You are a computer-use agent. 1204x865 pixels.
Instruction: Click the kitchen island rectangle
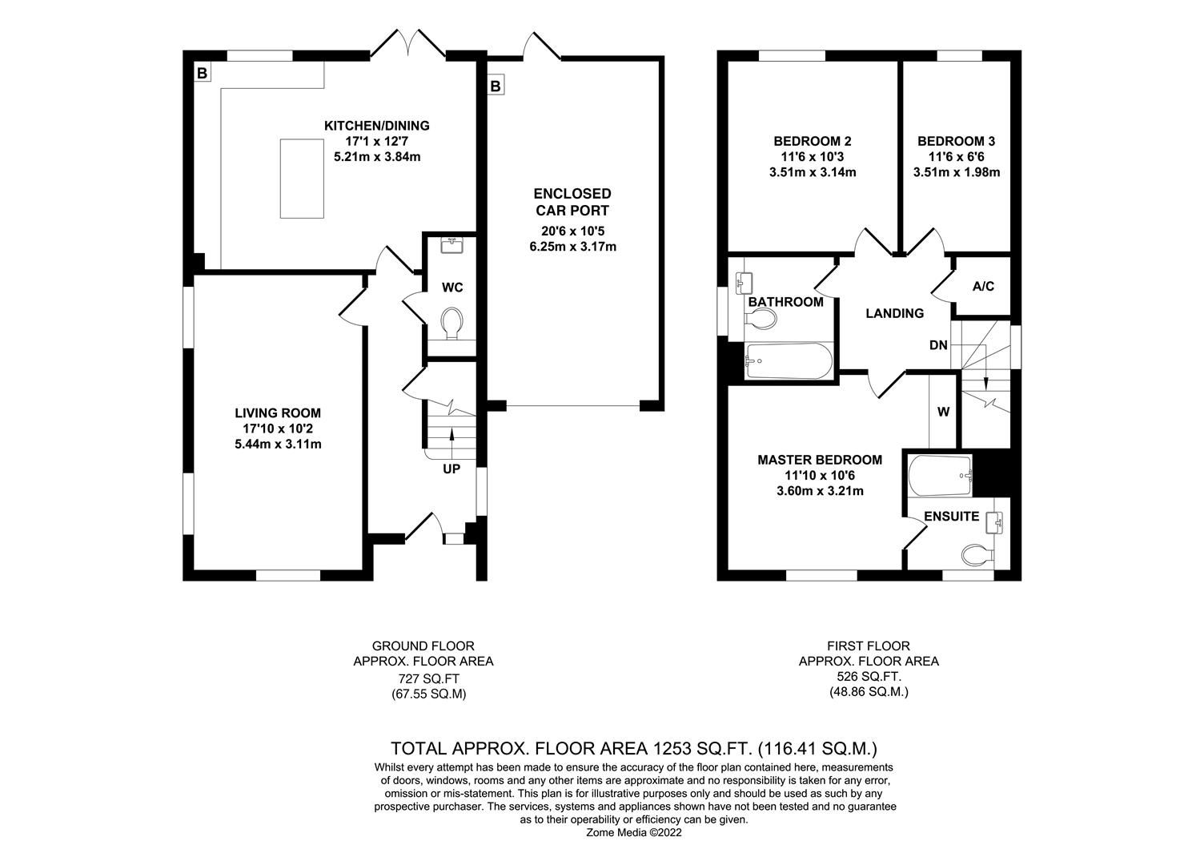pyautogui.click(x=303, y=178)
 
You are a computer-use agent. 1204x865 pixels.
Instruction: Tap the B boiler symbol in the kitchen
pyautogui.click(x=203, y=74)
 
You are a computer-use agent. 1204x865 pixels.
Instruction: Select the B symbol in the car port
pyautogui.click(x=496, y=85)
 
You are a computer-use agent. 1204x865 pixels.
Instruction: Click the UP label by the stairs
pyautogui.click(x=451, y=469)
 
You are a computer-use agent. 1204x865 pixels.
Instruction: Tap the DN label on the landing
pyautogui.click(x=938, y=346)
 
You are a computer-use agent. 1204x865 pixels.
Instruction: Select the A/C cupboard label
pyautogui.click(x=983, y=286)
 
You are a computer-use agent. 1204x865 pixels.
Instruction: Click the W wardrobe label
pyautogui.click(x=943, y=412)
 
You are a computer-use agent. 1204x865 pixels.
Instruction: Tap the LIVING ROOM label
pyautogui.click(x=278, y=413)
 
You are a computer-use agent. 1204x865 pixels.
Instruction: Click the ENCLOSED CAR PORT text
pyautogui.click(x=572, y=202)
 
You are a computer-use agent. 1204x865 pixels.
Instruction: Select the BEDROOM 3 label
pyautogui.click(x=956, y=141)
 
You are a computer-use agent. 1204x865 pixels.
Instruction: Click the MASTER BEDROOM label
pyautogui.click(x=820, y=460)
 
